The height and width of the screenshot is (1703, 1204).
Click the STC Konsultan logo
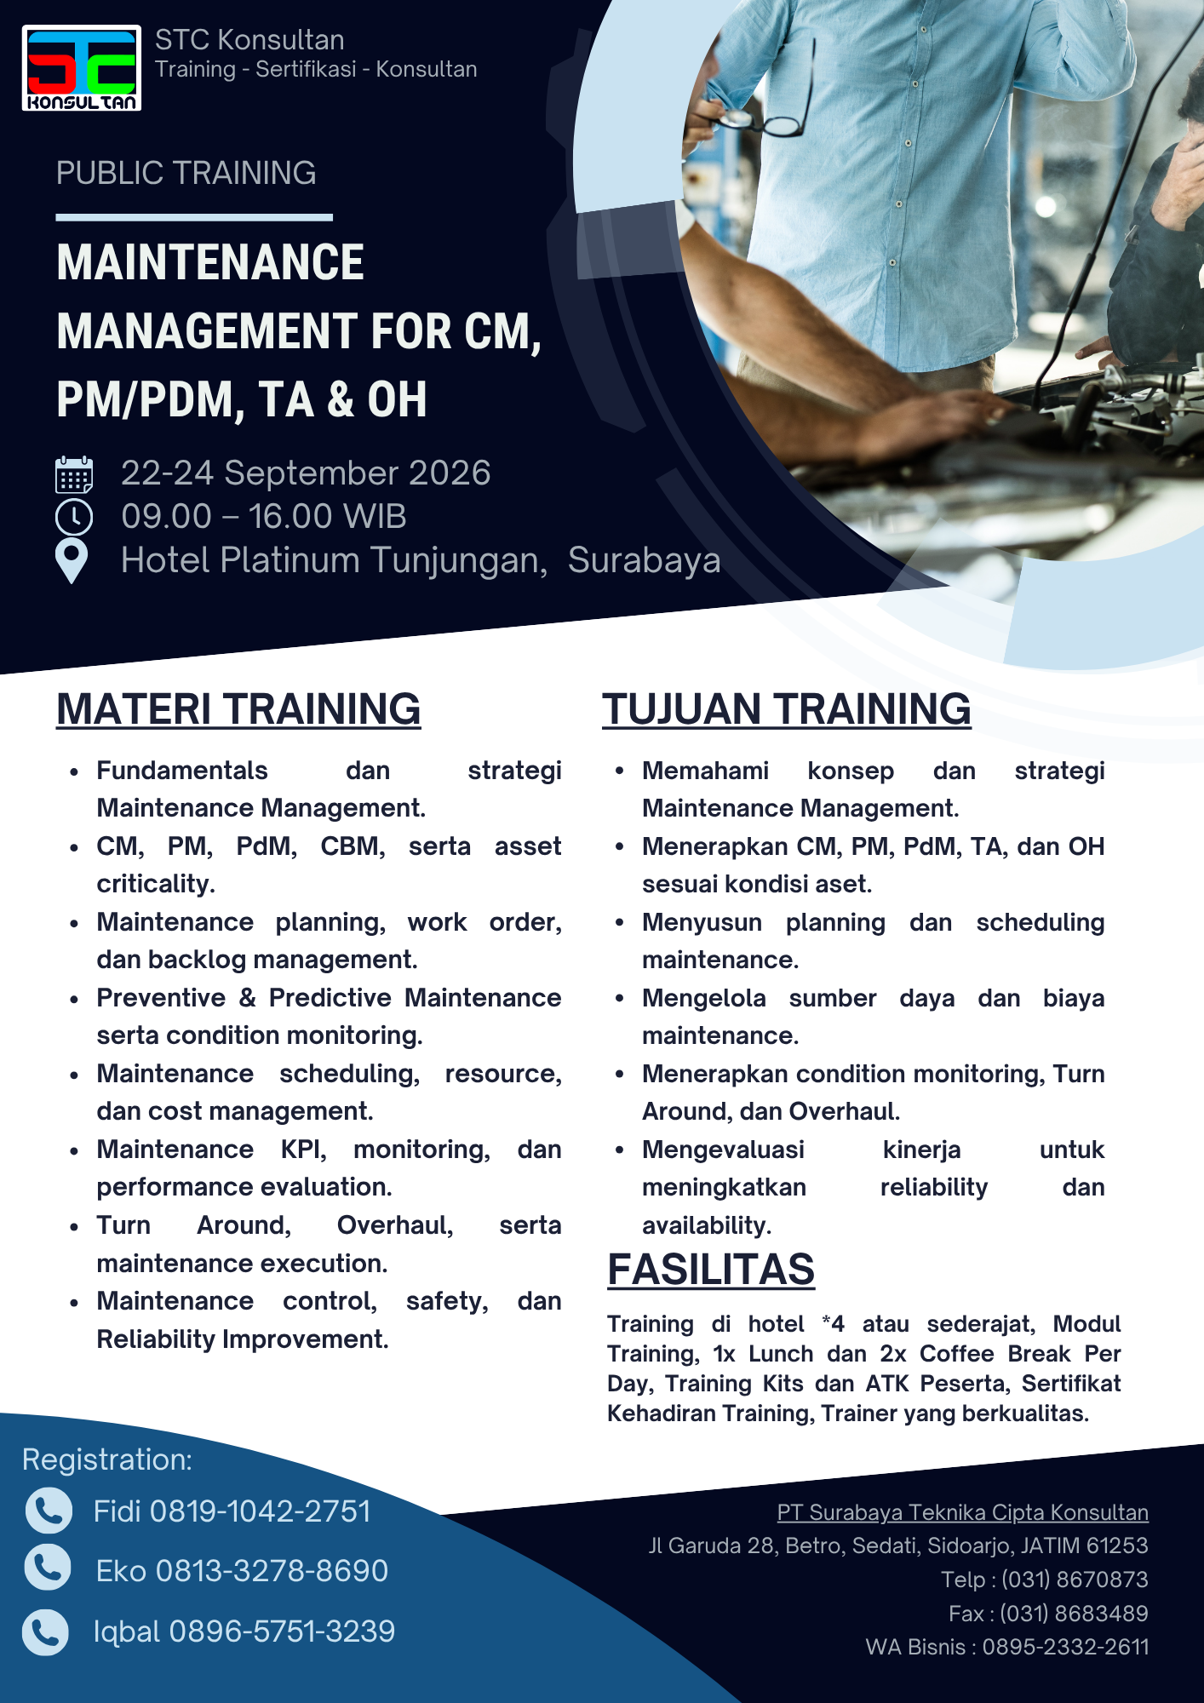coord(82,68)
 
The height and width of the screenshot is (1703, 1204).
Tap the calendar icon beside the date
coord(74,474)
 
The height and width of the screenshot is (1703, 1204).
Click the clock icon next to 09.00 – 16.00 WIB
coord(74,517)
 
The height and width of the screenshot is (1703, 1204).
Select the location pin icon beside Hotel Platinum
coord(72,561)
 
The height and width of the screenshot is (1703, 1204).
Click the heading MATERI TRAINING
coord(238,709)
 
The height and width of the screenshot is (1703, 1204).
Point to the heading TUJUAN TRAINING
coord(787,709)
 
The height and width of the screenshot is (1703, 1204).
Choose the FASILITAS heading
coord(711,1270)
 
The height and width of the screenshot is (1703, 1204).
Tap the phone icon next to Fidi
coord(49,1511)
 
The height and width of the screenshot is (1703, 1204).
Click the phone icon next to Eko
coord(49,1568)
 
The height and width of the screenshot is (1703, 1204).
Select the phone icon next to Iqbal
coord(45,1631)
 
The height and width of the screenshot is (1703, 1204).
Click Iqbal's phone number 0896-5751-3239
coord(282,1631)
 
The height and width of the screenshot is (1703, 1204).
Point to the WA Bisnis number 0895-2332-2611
coord(1065,1647)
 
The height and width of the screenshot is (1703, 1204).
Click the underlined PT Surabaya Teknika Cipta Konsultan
coord(963,1512)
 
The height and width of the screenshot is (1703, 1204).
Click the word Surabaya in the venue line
coord(645,560)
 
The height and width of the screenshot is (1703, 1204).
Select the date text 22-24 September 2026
coord(306,473)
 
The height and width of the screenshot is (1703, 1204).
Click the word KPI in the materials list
coord(303,1150)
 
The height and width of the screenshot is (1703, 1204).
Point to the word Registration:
coord(107,1459)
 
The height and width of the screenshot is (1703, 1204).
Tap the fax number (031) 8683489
coord(1074,1614)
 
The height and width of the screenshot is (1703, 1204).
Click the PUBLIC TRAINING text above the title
coord(186,173)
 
